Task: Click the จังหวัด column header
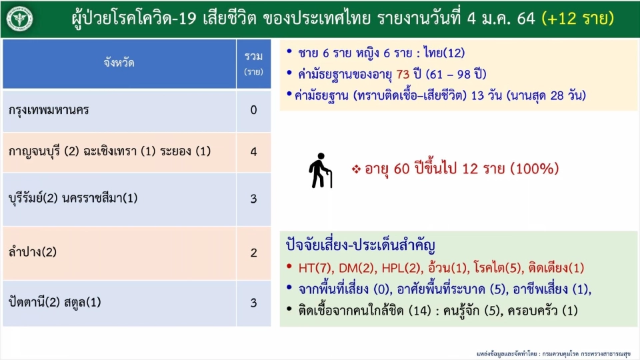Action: [119, 63]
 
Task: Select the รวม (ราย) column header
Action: [253, 63]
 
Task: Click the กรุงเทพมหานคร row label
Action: [50, 110]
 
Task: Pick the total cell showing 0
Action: [253, 110]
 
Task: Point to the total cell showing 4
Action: [253, 152]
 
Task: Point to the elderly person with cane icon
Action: [321, 171]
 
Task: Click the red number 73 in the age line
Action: [411, 75]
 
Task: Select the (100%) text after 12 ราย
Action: [534, 169]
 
